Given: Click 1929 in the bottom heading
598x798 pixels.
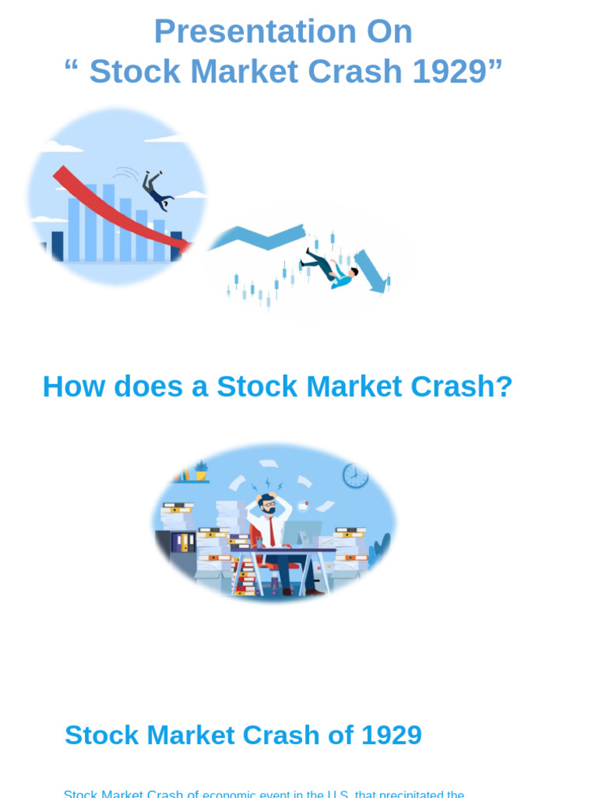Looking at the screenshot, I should click(x=389, y=735).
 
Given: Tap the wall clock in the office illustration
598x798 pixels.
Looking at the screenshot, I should click(x=356, y=475).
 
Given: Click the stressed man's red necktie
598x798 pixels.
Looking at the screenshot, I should click(x=271, y=530).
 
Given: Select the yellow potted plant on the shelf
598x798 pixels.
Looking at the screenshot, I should click(x=201, y=471).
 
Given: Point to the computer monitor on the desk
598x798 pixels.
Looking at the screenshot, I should click(x=302, y=534).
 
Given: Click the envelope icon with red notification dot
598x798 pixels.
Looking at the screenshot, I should click(x=303, y=506).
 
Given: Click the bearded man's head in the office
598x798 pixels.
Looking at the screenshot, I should click(x=268, y=503).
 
